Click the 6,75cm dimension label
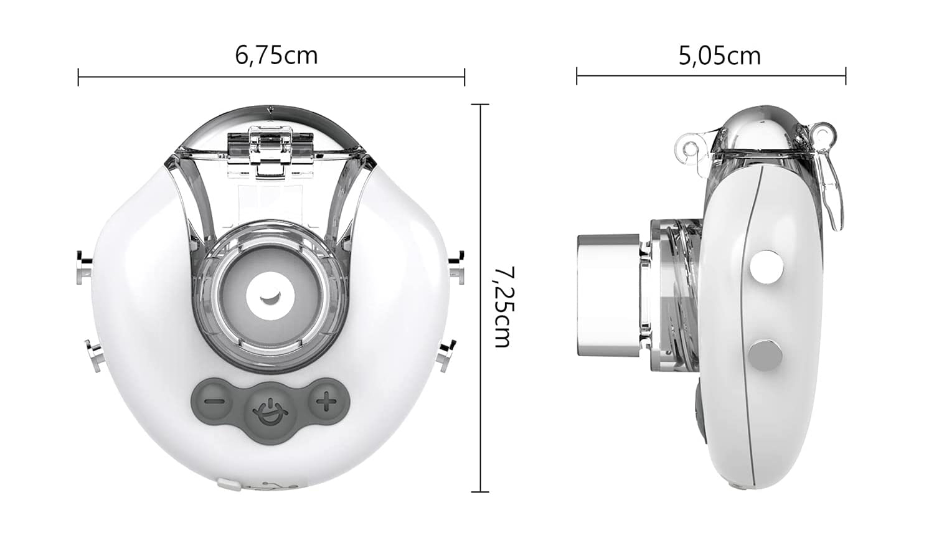[x=276, y=55]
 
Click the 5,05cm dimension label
[x=719, y=56]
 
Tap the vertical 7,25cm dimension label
[x=502, y=307]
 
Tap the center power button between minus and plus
[x=271, y=410]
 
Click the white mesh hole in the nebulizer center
[x=271, y=294]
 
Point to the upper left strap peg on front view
[x=84, y=267]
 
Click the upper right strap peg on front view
[x=457, y=266]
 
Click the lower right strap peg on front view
[x=446, y=355]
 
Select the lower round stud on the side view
[x=765, y=356]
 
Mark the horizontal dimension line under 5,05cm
[x=710, y=77]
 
